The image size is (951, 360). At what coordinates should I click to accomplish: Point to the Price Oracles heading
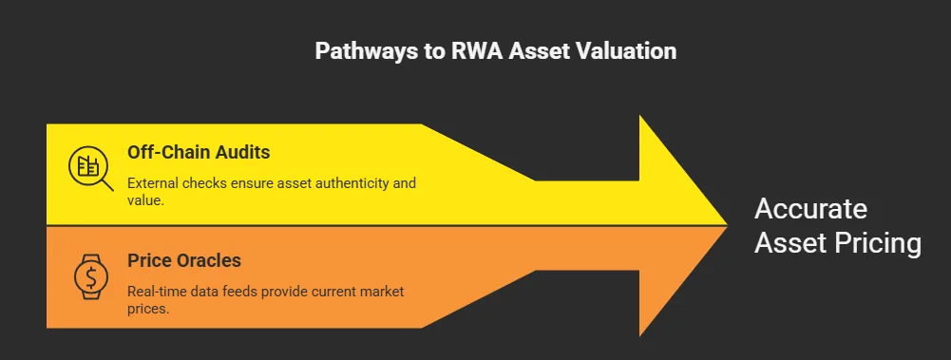coord(184,259)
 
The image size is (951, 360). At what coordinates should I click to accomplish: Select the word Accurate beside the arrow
coord(810,210)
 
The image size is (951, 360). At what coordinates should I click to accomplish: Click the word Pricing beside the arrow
coord(877,243)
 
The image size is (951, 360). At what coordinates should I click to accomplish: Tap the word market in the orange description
coord(379,291)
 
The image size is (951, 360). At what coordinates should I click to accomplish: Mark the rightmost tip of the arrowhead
coord(727,225)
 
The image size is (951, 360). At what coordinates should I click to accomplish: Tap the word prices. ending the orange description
coord(148,309)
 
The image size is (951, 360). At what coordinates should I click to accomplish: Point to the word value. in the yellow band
coord(145,200)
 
